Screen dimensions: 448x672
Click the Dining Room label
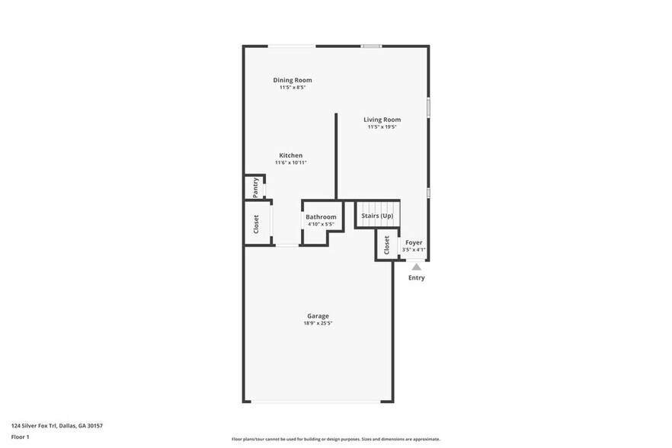[293, 80]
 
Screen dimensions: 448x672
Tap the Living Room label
[382, 120]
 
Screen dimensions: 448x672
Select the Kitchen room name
[290, 155]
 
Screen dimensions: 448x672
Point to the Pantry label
[255, 187]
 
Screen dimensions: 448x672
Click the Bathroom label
[321, 217]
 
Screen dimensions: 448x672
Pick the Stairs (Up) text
[377, 216]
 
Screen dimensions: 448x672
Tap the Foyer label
[414, 242]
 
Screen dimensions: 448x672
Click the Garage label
[318, 315]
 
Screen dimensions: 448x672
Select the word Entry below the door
[417, 278]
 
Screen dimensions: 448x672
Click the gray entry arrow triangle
[416, 267]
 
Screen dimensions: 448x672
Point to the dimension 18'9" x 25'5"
[318, 323]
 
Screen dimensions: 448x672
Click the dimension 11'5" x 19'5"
[382, 127]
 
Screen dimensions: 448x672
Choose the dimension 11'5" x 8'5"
[293, 88]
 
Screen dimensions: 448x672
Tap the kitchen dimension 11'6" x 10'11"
[290, 163]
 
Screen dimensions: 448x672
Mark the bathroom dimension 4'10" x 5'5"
[321, 225]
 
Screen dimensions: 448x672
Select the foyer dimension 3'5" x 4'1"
[414, 250]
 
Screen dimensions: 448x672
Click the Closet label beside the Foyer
[386, 245]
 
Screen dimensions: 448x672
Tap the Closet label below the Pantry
[256, 223]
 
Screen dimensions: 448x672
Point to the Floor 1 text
[20, 437]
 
